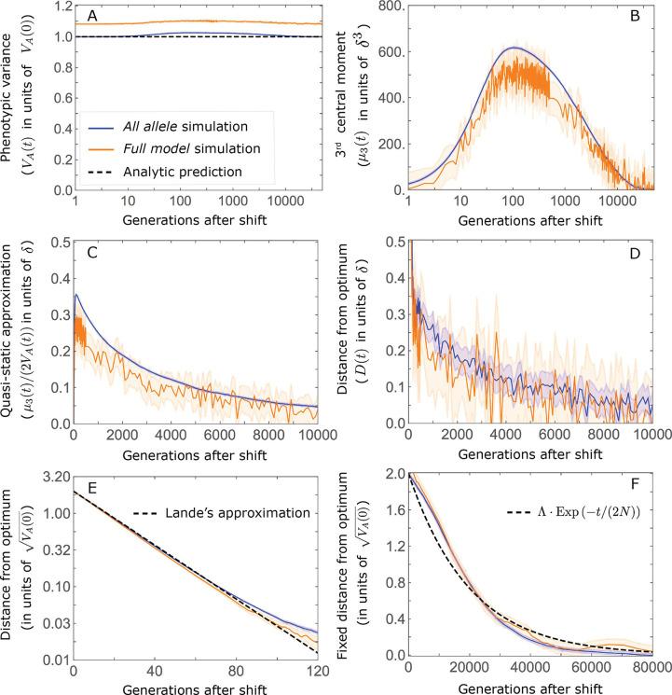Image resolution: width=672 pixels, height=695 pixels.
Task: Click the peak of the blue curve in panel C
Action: click(76, 295)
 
